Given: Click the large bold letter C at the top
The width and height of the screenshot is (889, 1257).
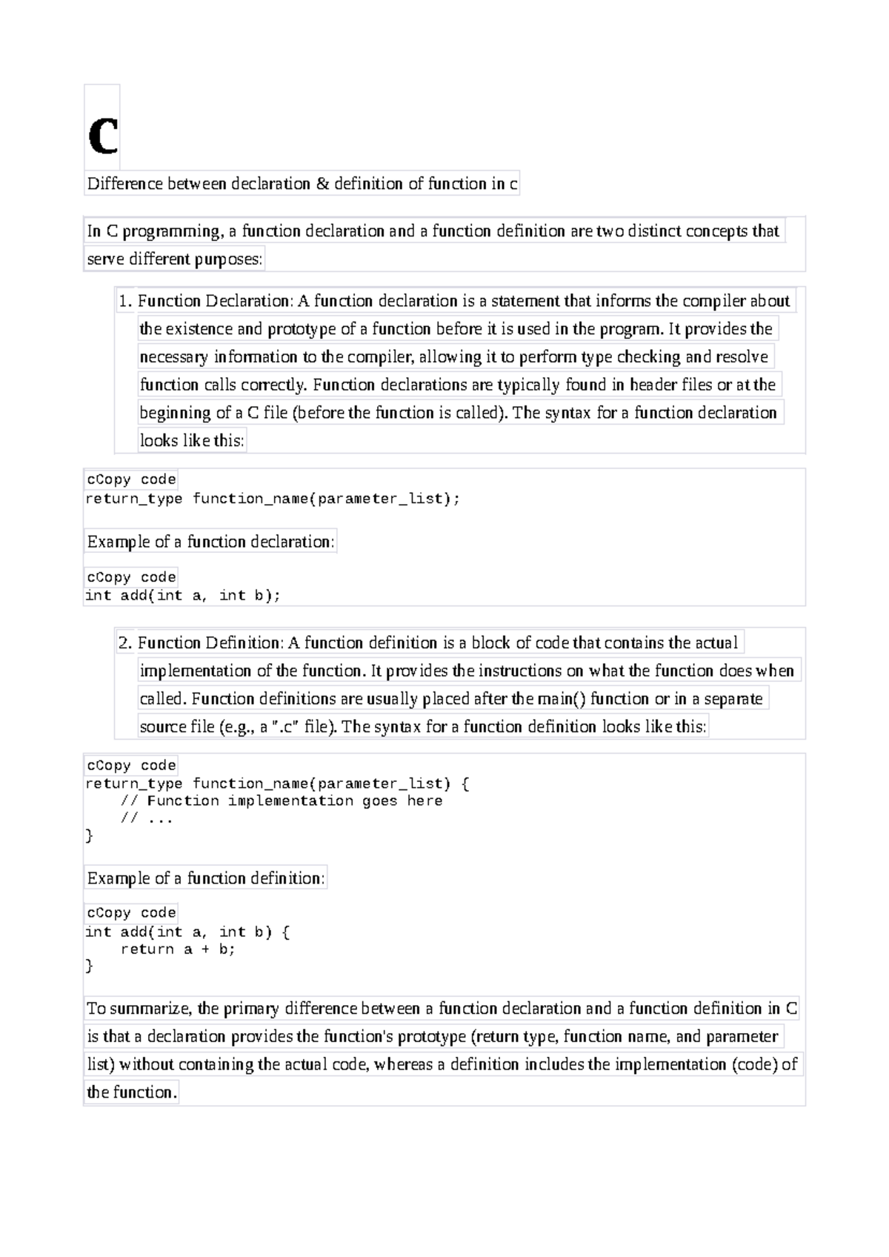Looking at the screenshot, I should click(102, 136).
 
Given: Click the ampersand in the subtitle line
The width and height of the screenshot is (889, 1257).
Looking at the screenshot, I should click(322, 184).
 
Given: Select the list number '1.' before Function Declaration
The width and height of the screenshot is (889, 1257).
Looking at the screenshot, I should click(124, 301).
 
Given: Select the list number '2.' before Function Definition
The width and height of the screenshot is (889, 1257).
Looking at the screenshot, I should click(124, 643).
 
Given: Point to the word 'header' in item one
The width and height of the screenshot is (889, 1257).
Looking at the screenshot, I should click(653, 385).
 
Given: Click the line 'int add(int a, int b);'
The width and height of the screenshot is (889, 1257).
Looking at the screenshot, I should click(183, 595).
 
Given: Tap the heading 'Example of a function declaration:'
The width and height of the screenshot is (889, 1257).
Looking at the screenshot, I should click(210, 542).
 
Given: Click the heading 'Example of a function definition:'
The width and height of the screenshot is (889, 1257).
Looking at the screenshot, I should click(206, 878).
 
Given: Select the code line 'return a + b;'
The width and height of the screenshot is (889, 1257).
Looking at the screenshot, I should click(178, 949).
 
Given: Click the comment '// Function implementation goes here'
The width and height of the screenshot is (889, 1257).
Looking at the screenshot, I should click(281, 801).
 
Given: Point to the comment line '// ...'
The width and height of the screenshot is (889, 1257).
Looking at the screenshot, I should click(146, 819).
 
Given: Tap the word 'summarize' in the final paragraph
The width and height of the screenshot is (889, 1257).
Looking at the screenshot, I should click(155, 1009).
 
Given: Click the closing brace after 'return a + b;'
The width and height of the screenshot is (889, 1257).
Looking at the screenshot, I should click(90, 966).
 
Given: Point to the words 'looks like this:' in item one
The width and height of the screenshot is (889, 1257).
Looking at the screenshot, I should click(191, 440).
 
